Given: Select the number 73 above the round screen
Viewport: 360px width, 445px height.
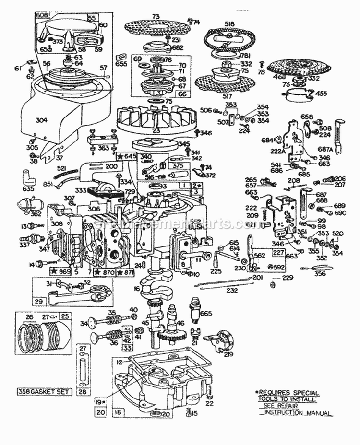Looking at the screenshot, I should [x=155, y=17].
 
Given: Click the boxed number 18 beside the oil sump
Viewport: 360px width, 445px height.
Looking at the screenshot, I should [x=118, y=412].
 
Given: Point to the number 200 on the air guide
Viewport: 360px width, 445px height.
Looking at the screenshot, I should [x=112, y=165].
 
